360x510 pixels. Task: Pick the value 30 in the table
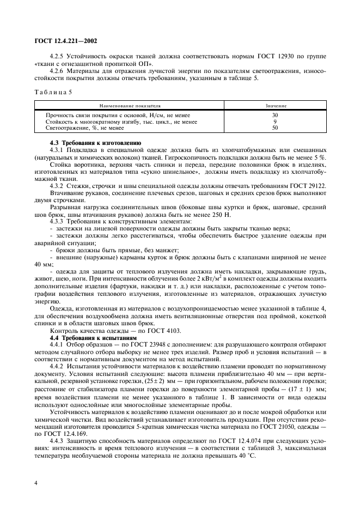(275, 116)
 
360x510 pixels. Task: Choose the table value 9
(275, 122)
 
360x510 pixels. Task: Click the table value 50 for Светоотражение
(275, 128)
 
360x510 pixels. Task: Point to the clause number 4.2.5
(57, 56)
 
